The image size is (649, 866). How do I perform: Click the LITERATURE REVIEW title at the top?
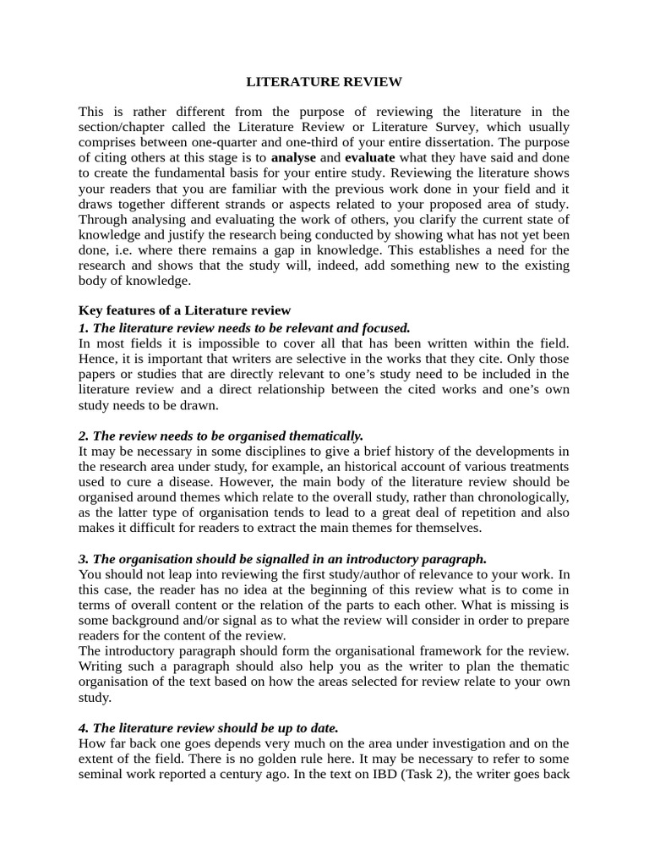point(324,82)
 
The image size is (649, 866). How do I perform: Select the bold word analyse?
point(294,157)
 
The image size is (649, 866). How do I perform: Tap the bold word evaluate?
point(370,157)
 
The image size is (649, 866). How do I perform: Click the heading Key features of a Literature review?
point(184,310)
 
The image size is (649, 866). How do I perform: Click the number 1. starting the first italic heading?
point(84,327)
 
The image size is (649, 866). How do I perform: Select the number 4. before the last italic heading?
point(84,728)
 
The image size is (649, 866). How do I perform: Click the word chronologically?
point(518,496)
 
